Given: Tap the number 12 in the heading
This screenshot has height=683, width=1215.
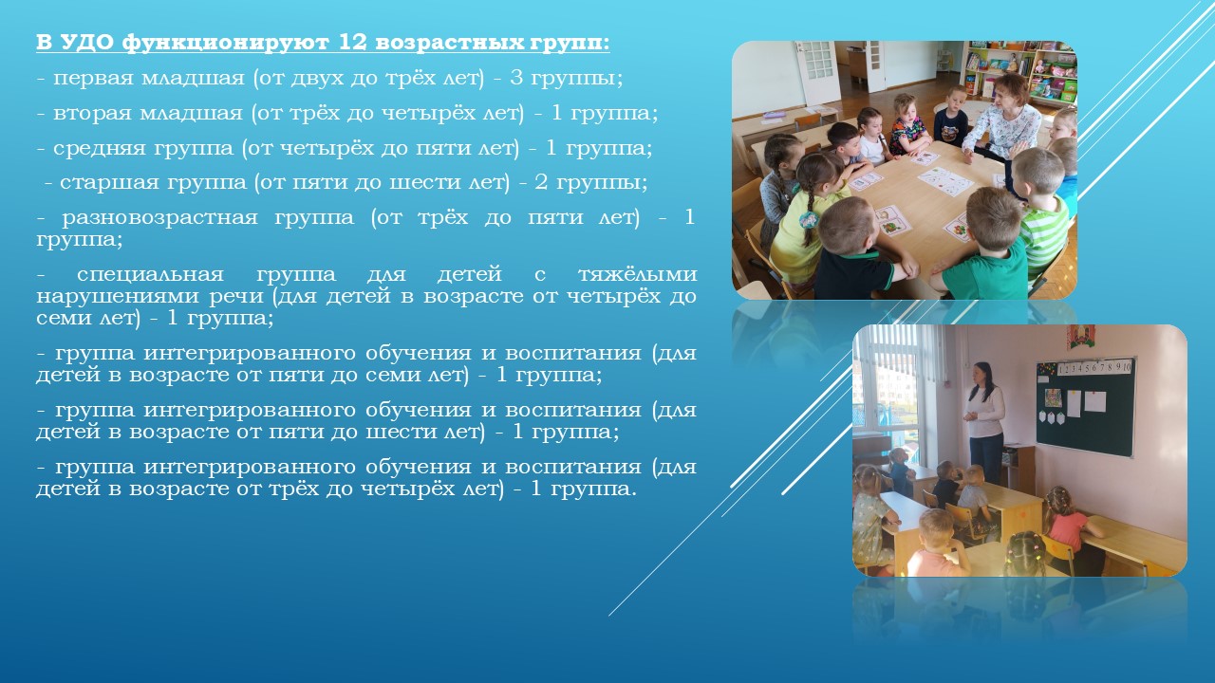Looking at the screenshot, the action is (x=353, y=43).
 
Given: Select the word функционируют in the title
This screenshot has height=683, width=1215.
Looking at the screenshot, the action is (x=226, y=44).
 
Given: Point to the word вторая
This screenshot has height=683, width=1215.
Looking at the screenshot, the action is (x=93, y=114).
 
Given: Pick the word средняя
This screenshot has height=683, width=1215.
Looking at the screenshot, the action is (x=100, y=149).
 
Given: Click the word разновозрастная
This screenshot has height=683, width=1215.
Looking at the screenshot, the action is (x=160, y=218).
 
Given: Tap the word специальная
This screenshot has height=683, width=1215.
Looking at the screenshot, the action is (x=150, y=275).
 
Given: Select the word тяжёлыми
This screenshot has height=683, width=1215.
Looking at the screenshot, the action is (x=637, y=275).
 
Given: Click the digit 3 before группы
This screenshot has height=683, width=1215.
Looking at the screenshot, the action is (x=515, y=78).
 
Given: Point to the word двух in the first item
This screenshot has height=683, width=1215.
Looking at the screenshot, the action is (x=316, y=79).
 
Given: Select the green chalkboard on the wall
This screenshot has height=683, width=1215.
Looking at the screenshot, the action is (x=1085, y=410).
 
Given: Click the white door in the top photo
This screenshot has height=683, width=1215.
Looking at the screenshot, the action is (x=815, y=72).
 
